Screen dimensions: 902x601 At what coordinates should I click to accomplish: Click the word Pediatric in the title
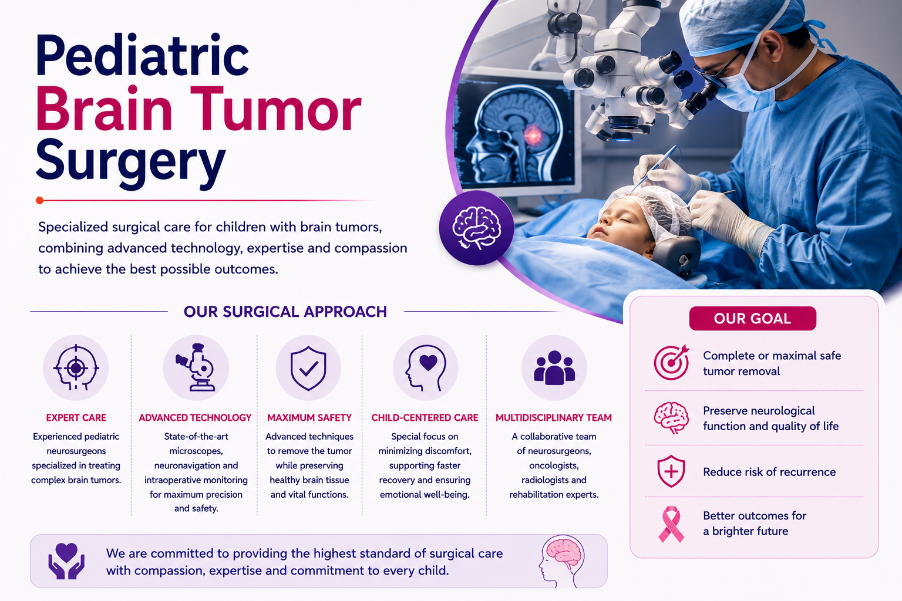(142, 56)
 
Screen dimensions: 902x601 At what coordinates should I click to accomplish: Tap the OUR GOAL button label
(752, 319)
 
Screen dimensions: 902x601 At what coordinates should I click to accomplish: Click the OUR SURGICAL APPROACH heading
(285, 312)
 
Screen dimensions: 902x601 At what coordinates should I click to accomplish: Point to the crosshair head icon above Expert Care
(76, 367)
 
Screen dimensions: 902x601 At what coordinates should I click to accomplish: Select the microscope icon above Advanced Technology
(196, 367)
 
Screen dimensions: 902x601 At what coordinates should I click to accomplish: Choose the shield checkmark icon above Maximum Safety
(308, 368)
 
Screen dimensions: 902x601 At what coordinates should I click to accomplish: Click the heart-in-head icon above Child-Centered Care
(426, 368)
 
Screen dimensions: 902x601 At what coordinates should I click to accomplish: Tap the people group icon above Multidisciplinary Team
(554, 368)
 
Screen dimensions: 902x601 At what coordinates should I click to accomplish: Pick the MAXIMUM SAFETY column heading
(309, 418)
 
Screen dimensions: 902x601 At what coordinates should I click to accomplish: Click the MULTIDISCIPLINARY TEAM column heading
(554, 418)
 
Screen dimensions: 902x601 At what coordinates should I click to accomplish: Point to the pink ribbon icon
(671, 524)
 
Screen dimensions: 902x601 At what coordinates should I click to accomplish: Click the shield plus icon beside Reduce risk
(671, 471)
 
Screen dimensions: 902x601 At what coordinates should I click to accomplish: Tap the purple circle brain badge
(476, 228)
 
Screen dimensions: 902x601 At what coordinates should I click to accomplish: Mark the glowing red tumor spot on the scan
(533, 136)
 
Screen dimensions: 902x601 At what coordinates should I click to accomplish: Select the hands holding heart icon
(66, 561)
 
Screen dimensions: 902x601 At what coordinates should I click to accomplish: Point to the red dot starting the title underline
(39, 201)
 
